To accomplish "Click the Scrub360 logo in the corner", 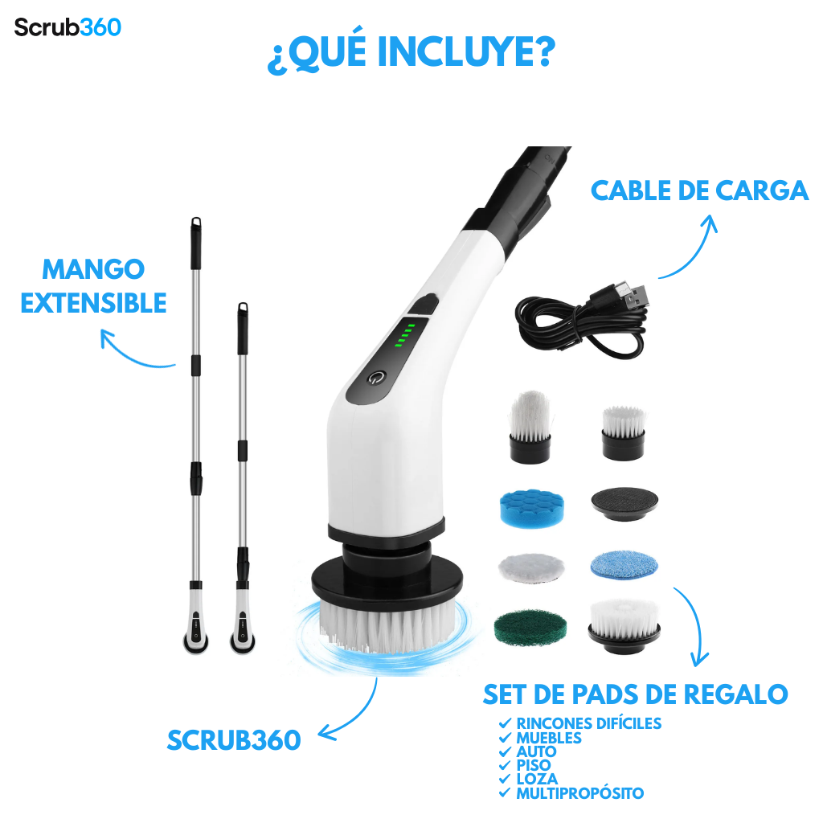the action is coord(68,27).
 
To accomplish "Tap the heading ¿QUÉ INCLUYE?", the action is coord(411,53).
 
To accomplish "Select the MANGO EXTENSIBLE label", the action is coord(93,286).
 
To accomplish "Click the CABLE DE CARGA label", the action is coord(699,190).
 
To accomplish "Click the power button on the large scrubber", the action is coord(376,378).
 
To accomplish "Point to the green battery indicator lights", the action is coord(405,335).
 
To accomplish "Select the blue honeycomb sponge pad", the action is coord(532,507).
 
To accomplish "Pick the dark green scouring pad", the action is coord(530,627).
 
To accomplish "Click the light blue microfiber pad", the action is coord(624,564).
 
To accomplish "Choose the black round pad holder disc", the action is coord(624,503).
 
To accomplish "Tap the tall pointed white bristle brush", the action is coord(530,427).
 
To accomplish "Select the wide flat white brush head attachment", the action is coord(624,625).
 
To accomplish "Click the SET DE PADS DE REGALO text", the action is coord(635,694).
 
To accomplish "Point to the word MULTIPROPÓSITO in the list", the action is coord(580,793).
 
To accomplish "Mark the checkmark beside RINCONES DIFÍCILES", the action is coord(505,723).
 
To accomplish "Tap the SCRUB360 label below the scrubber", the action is coord(234,740).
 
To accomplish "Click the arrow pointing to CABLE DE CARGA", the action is coord(695,252).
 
